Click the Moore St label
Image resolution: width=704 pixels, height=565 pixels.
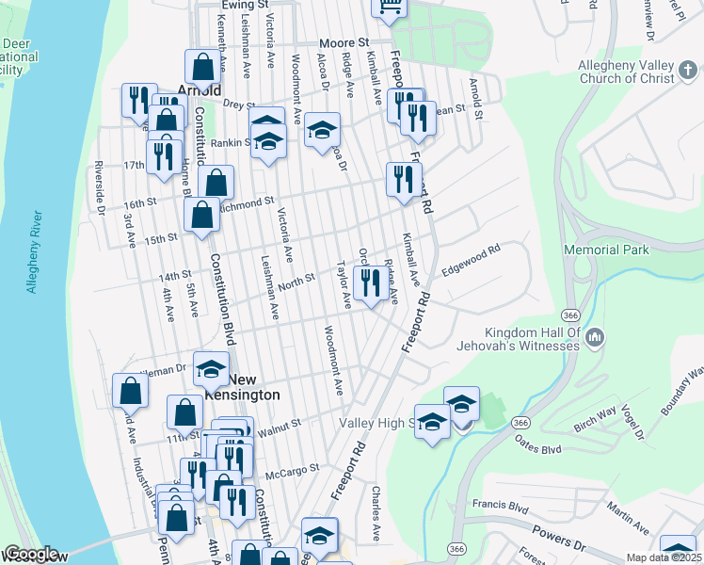pyautogui.click(x=343, y=43)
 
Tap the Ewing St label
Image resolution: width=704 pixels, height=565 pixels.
pyautogui.click(x=239, y=5)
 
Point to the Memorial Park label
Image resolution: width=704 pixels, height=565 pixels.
pyautogui.click(x=607, y=250)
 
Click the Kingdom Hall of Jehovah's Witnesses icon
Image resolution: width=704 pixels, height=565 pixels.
pyautogui.click(x=594, y=336)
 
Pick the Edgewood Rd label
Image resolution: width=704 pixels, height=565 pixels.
pyautogui.click(x=471, y=261)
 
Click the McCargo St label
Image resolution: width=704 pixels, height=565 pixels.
pyautogui.click(x=293, y=466)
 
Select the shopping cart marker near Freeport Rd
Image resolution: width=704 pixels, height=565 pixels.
pyautogui.click(x=388, y=8)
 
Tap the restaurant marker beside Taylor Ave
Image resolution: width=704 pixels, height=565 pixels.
pyautogui.click(x=367, y=281)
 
